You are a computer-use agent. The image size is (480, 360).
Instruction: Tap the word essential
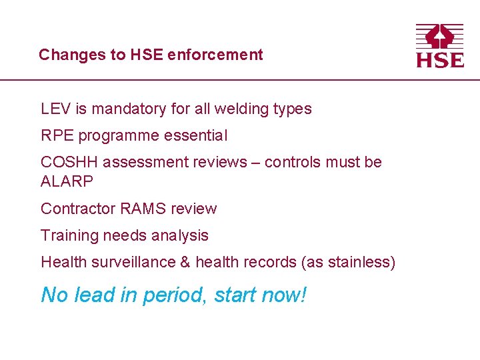click(x=198, y=136)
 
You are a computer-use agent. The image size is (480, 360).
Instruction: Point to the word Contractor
click(x=78, y=209)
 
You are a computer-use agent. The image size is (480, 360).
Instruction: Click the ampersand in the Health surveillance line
click(x=185, y=263)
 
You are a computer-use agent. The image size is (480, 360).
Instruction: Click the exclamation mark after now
click(x=303, y=294)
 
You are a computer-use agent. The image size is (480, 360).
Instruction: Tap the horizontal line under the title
click(x=240, y=80)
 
